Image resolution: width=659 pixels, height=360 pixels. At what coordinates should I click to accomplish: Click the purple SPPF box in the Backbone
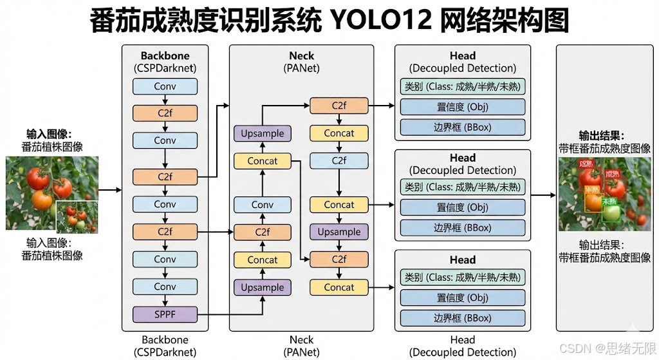coord(165,314)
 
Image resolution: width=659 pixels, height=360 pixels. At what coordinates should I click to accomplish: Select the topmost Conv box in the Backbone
coord(165,86)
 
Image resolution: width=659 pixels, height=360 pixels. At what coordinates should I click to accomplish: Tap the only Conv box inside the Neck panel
coord(263,205)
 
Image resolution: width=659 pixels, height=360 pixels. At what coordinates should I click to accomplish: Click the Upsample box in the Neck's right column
coord(339,232)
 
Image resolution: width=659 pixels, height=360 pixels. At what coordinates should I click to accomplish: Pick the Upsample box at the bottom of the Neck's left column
coord(263,287)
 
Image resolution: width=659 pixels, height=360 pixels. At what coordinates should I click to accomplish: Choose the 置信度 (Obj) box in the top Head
coord(462,107)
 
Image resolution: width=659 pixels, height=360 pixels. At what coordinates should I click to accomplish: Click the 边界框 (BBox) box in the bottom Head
coord(462,318)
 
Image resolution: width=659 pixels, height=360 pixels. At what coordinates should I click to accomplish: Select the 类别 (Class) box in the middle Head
coord(462,187)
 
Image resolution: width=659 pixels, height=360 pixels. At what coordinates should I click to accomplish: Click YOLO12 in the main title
coord(379,21)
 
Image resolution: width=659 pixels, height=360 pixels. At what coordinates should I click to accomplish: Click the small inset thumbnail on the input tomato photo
coord(77,217)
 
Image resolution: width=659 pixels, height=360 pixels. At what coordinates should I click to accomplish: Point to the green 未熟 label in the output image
coord(609,202)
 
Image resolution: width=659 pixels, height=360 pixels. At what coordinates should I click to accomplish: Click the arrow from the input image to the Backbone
coord(111,190)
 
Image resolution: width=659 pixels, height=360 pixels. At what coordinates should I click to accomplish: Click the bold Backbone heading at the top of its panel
coord(165,56)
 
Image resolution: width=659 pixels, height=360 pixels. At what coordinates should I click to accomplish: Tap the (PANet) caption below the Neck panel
coord(301,352)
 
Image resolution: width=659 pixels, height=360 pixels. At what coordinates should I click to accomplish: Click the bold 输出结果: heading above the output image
coord(604,136)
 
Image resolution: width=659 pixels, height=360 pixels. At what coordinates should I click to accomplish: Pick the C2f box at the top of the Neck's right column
coord(339,106)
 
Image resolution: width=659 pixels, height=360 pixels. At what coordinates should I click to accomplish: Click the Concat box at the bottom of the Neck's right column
coord(339,287)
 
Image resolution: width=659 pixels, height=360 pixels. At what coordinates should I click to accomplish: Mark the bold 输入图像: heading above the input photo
coord(49,134)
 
